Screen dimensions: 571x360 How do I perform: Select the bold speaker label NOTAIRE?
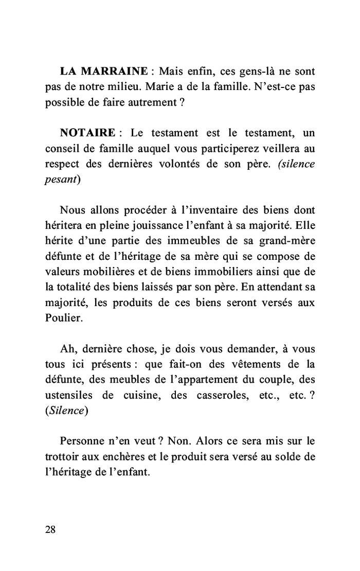(87, 133)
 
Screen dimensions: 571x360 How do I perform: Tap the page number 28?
(50, 530)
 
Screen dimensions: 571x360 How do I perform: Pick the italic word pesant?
(61, 180)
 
